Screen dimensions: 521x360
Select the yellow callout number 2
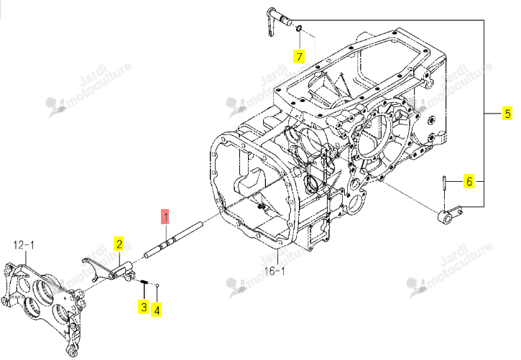(x=119, y=244)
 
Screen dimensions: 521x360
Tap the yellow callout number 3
(x=144, y=306)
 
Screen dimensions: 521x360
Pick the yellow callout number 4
(x=157, y=310)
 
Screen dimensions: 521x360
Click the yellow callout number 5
(x=507, y=114)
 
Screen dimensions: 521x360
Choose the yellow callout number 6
(x=469, y=181)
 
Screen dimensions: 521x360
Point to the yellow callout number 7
(x=299, y=56)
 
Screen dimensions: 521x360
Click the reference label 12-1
(x=24, y=245)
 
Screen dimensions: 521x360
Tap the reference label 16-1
(x=275, y=271)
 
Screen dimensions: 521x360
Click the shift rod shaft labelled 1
(x=174, y=239)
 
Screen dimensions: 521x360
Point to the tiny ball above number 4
(x=157, y=285)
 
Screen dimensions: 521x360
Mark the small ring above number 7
(x=299, y=28)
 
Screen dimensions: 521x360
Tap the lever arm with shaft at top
(x=278, y=20)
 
